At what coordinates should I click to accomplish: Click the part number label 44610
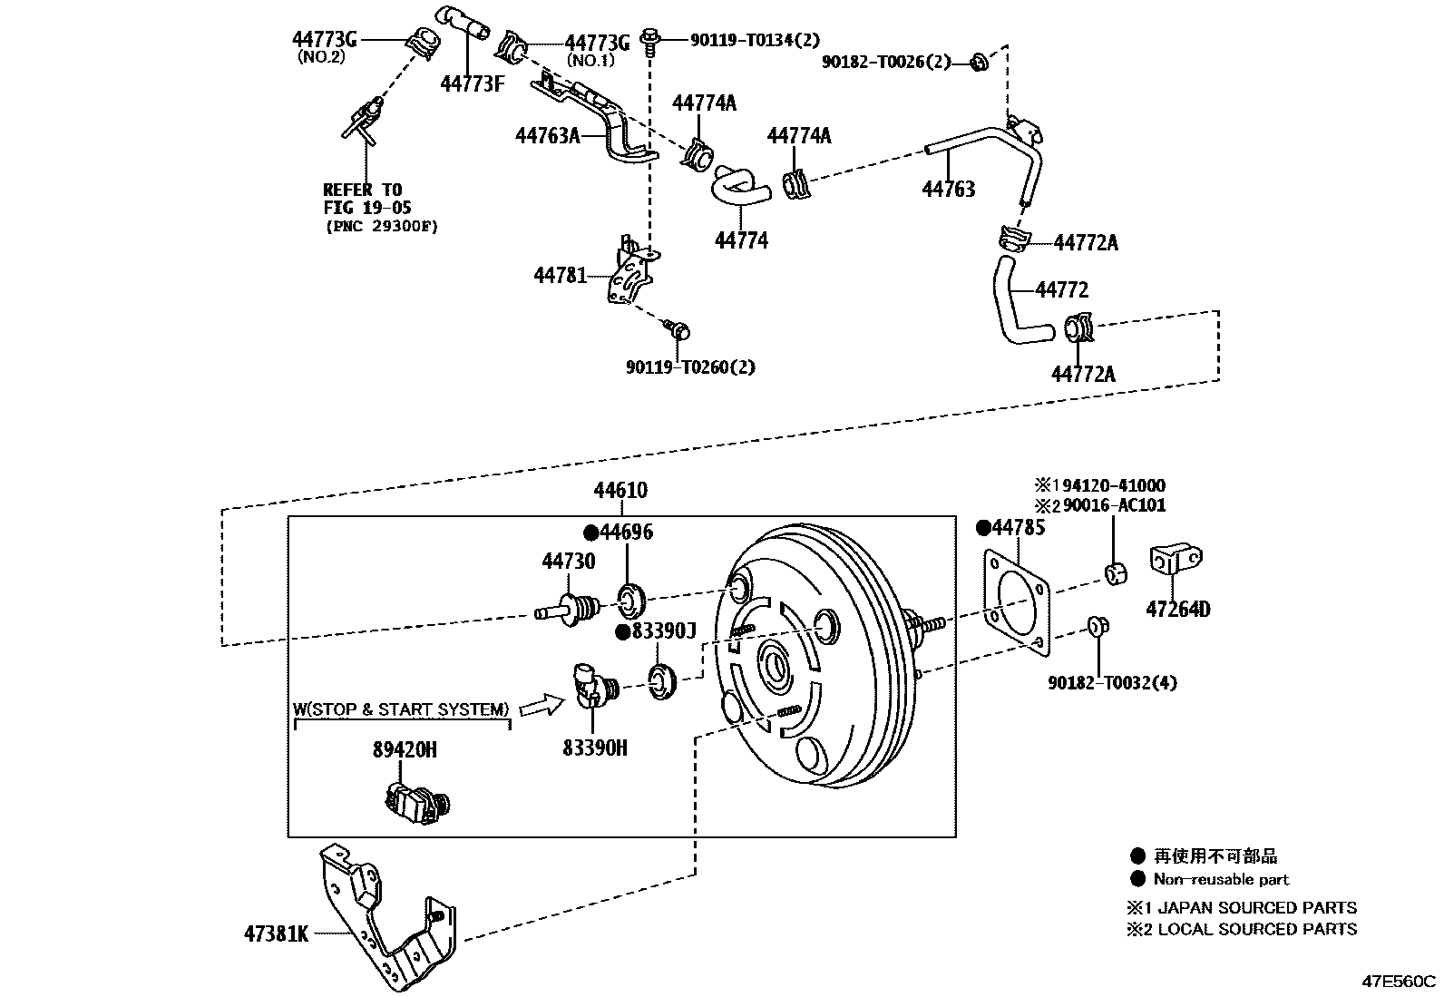point(620,490)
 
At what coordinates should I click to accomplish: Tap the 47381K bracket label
point(277,933)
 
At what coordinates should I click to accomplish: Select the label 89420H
point(405,749)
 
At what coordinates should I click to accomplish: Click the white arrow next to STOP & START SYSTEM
point(542,705)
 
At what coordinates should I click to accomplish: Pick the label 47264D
point(1177,609)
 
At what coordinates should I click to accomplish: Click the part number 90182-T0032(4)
point(1112,682)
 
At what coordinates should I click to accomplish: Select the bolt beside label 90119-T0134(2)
point(649,41)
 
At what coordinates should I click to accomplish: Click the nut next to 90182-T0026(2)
point(979,62)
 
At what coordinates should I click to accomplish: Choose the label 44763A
point(547,135)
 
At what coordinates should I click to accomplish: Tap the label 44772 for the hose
point(1062,289)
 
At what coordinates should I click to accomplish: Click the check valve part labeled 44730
point(567,609)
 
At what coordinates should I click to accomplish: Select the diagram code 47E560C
point(1399,981)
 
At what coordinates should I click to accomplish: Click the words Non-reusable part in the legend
point(1221,879)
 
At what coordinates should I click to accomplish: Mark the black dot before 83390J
point(623,632)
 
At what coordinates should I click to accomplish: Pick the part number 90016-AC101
point(1114,505)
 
